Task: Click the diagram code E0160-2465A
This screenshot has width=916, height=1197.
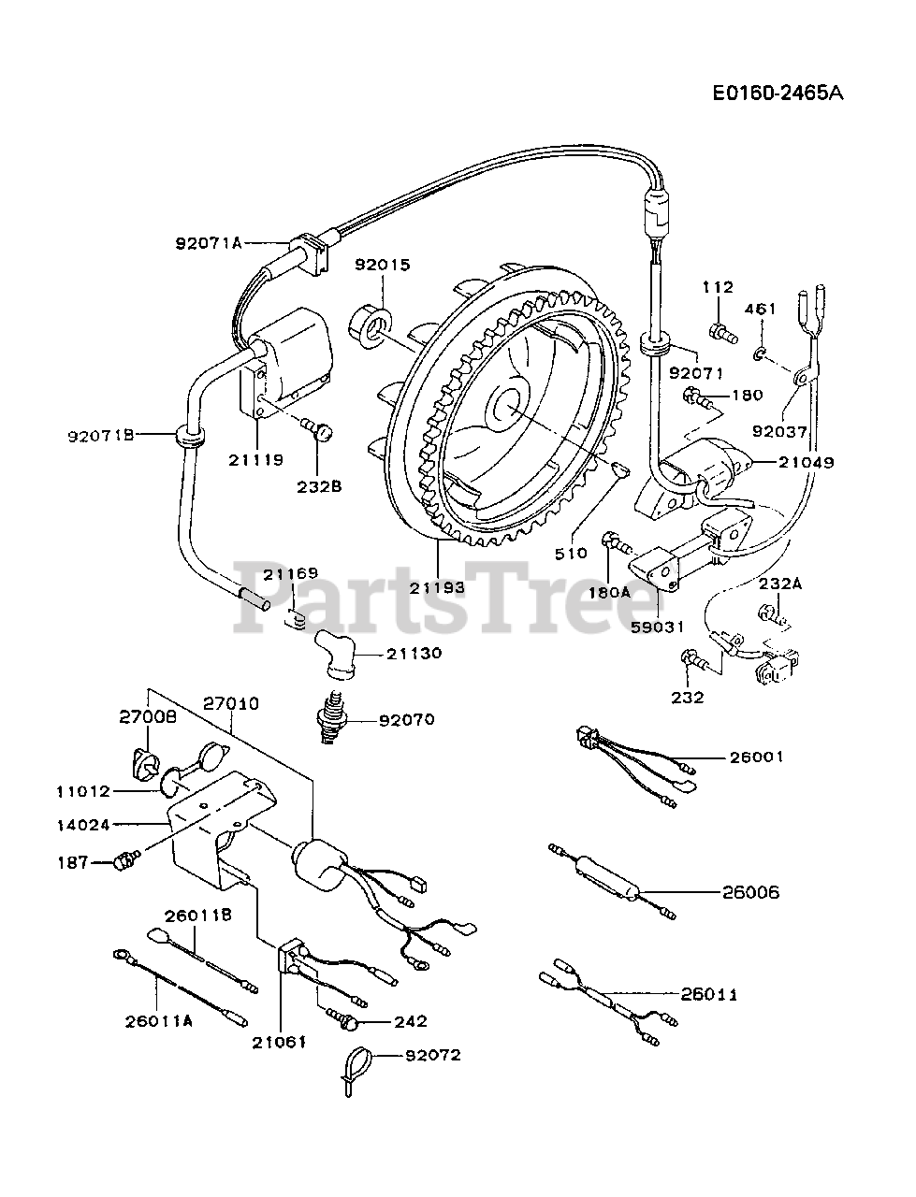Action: tap(778, 94)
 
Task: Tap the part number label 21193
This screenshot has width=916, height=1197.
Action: tap(438, 587)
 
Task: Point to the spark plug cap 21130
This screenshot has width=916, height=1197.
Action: tap(335, 655)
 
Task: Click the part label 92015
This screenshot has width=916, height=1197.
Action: tap(383, 265)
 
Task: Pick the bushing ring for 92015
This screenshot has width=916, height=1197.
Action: tap(371, 326)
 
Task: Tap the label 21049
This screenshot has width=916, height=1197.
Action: tap(807, 463)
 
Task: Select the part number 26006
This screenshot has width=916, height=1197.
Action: tap(750, 893)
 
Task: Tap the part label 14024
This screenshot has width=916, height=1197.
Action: tap(83, 825)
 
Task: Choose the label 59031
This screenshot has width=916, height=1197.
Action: tap(658, 627)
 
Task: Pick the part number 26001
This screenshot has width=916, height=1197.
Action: tap(757, 757)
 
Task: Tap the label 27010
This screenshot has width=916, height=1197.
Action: tap(231, 703)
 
